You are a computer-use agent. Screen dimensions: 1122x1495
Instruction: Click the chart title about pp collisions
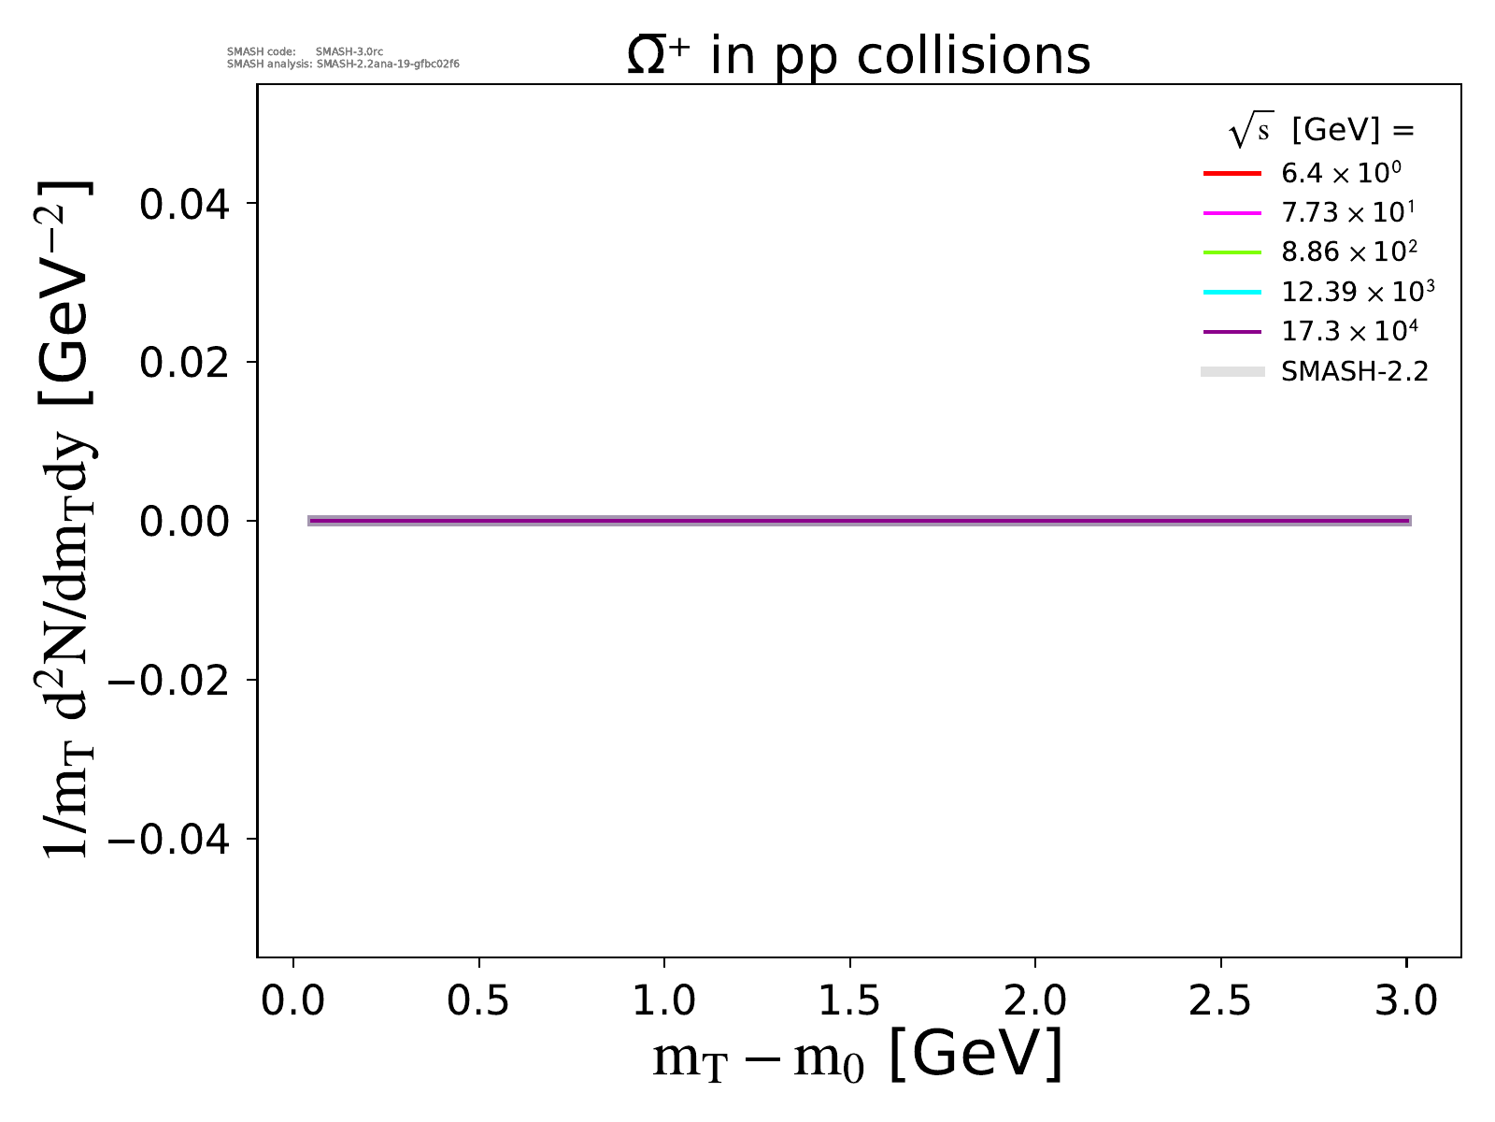point(858,56)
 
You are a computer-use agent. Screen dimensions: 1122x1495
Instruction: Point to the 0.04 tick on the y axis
point(184,204)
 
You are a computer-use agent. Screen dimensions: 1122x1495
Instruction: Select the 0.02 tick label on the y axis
point(184,363)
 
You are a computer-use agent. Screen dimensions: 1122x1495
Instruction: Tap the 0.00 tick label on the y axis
point(184,521)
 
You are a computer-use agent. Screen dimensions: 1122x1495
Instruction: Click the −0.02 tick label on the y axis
point(169,680)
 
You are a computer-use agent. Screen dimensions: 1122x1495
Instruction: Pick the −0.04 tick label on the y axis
point(169,839)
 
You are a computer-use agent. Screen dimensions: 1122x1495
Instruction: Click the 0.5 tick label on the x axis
point(478,1001)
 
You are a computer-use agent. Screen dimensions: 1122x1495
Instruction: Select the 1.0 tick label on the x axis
point(663,1001)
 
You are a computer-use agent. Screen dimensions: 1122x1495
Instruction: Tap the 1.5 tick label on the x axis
point(849,1001)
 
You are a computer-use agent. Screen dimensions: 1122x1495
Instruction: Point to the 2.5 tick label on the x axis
point(1220,1001)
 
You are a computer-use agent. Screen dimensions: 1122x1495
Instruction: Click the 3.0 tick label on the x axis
point(1406,1001)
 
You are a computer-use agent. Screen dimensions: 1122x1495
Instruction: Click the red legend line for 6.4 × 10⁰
point(1232,174)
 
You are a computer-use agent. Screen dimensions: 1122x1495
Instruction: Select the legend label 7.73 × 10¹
point(1347,213)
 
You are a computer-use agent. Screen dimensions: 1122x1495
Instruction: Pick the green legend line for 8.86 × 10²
point(1232,252)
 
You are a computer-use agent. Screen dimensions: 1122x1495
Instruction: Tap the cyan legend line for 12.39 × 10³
point(1232,293)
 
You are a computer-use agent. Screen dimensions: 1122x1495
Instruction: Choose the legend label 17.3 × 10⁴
point(1350,332)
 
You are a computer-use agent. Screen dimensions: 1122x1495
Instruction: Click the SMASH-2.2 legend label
point(1355,372)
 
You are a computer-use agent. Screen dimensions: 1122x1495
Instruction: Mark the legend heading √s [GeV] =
point(1321,131)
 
